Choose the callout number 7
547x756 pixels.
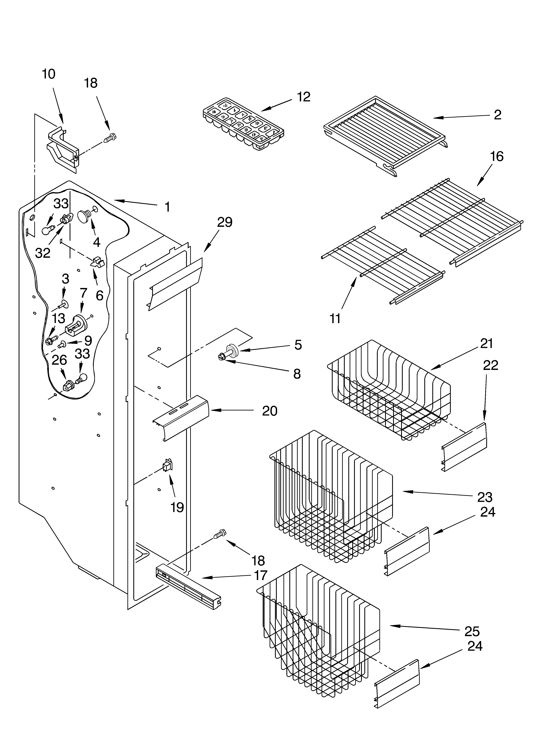pyautogui.click(x=83, y=293)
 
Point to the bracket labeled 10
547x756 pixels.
pyautogui.click(x=63, y=147)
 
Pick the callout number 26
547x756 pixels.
pyautogui.click(x=59, y=360)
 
